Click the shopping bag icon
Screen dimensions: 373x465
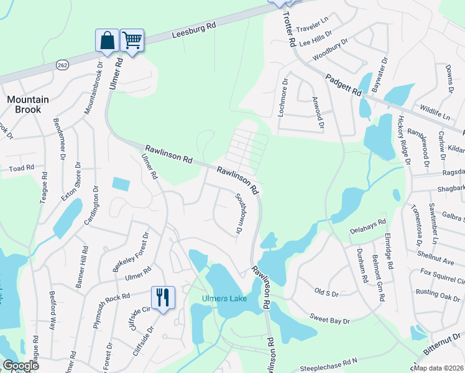click(x=107, y=40)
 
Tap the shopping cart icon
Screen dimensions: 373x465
click(x=132, y=40)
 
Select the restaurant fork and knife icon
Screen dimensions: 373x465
click(x=163, y=297)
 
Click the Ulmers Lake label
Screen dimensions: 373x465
click(x=224, y=299)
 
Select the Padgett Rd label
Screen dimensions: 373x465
click(x=344, y=84)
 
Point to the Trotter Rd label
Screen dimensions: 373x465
click(x=288, y=29)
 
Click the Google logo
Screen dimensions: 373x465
click(x=21, y=366)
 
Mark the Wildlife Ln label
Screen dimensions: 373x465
click(x=435, y=113)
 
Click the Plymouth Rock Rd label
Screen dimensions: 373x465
click(x=109, y=306)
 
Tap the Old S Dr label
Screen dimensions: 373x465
click(x=326, y=292)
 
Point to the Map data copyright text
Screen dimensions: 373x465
click(x=439, y=368)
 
